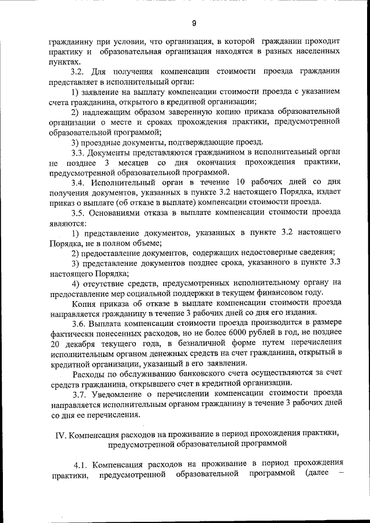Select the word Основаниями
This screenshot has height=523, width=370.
[124, 212]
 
